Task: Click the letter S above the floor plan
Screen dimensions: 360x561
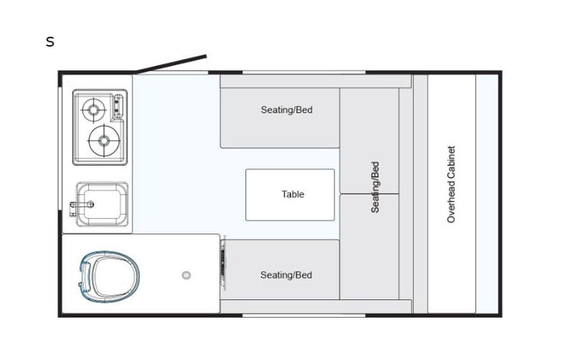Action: point(50,42)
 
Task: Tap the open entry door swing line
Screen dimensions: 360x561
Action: point(170,64)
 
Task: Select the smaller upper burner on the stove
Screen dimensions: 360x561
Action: point(94,111)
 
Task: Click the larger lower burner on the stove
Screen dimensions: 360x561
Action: point(102,140)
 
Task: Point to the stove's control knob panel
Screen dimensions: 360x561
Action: point(119,105)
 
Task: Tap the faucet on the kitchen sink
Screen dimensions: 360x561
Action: point(82,204)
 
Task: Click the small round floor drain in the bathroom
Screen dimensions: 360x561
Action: point(186,275)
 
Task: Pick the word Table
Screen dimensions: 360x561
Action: point(292,194)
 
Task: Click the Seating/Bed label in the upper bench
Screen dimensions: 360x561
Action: point(286,110)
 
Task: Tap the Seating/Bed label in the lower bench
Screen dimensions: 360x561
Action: point(286,275)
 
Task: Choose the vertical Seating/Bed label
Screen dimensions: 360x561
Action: point(375,187)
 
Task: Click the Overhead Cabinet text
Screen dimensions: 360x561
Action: point(451,184)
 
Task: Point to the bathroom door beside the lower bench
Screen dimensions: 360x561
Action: point(223,261)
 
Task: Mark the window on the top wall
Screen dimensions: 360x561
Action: point(303,73)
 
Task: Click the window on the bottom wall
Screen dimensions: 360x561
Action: point(303,314)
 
